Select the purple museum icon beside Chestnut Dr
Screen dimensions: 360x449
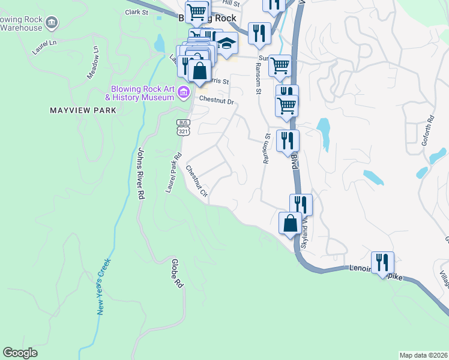(184, 92)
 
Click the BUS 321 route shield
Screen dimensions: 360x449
(183, 126)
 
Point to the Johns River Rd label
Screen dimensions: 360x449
(142, 173)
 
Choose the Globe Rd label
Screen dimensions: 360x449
(176, 274)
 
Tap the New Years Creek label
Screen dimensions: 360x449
(104, 287)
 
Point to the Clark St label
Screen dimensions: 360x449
(136, 12)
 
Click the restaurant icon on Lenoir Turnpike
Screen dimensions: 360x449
(382, 262)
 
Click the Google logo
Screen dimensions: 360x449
(20, 353)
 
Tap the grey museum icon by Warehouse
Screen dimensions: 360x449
(52, 23)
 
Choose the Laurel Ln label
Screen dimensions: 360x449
(44, 47)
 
